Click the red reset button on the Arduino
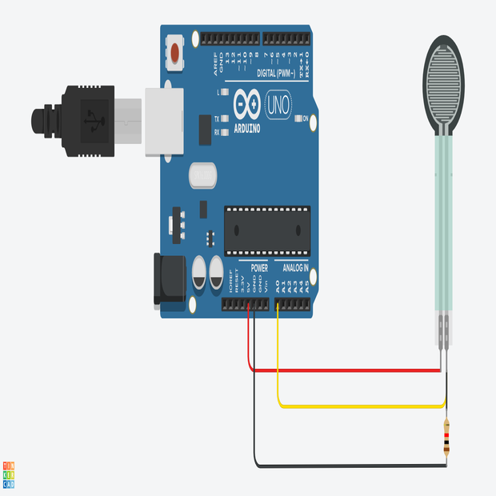tap(175, 54)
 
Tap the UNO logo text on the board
tap(277, 104)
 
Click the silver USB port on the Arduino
tap(164, 120)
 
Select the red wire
tap(344, 370)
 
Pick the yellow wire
tap(360, 406)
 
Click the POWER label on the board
tap(259, 268)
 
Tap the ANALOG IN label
tap(292, 268)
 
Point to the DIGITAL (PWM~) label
tap(277, 73)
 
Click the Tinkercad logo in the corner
tap(9, 474)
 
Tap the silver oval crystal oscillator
tap(202, 174)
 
